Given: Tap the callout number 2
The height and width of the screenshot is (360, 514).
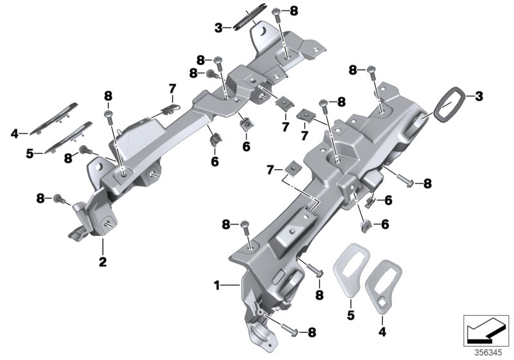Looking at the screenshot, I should [102, 262].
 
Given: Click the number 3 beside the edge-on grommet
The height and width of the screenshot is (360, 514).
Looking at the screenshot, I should [218, 28].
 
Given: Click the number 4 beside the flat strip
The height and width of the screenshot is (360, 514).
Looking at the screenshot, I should [13, 134].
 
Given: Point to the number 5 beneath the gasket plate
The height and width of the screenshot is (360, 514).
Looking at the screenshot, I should [351, 316].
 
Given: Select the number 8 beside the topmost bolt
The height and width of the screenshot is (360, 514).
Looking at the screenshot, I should [294, 11].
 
